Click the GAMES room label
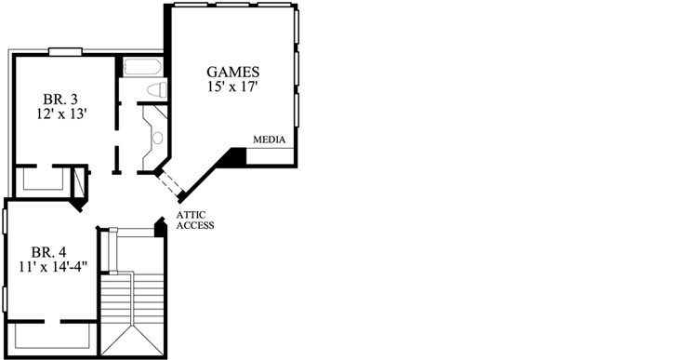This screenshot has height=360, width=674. coord(232,72)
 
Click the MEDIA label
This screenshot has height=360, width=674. coord(269,140)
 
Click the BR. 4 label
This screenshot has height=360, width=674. coord(49,252)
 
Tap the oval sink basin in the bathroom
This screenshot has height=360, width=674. coord(156,138)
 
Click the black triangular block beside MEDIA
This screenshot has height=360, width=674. coord(235,159)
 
